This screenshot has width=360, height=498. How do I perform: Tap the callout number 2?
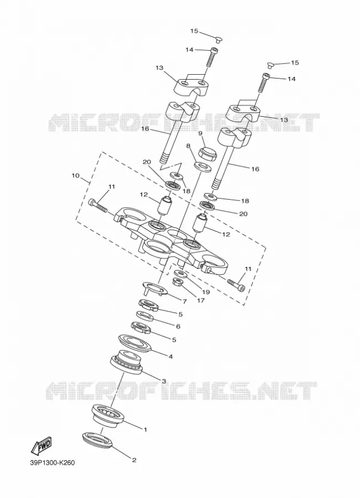coord(134,460)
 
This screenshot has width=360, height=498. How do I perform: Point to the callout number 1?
coord(145,430)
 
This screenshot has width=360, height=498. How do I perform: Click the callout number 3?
coord(164,381)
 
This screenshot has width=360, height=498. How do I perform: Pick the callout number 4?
coord(170,357)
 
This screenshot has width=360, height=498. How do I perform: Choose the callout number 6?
coord(178,326)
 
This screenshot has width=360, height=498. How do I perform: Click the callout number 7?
coord(185,300)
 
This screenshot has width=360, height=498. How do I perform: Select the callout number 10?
coord(76,175)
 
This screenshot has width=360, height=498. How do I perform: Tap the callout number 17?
coord(201,300)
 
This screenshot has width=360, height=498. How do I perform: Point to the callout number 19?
coord(206,292)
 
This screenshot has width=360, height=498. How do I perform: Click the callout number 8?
coord(188,146)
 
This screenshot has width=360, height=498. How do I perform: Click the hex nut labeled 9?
coord(207,153)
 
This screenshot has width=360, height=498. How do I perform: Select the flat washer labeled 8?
coord(203,167)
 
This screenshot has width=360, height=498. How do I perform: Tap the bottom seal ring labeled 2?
coord(97,440)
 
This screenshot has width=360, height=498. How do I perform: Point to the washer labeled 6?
coord(146,317)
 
